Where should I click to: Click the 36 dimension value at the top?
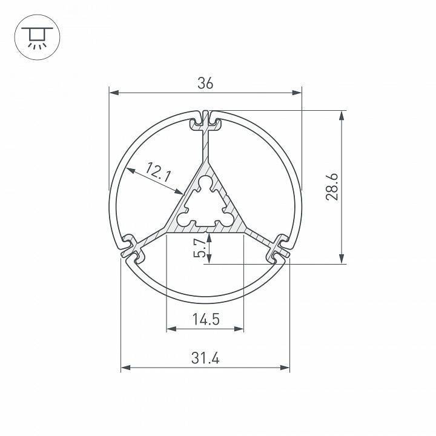click(205, 84)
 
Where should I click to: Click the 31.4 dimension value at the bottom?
click(205, 358)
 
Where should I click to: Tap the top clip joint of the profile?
click(206, 121)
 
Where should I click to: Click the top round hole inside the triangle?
click(206, 182)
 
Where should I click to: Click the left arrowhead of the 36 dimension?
click(113, 93)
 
